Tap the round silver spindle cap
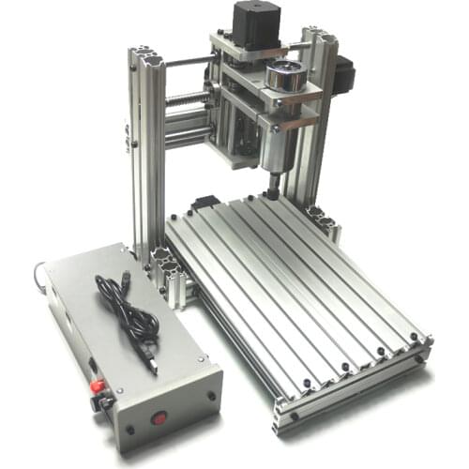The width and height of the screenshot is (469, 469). [285, 73]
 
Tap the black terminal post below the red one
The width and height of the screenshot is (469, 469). [98, 404]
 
